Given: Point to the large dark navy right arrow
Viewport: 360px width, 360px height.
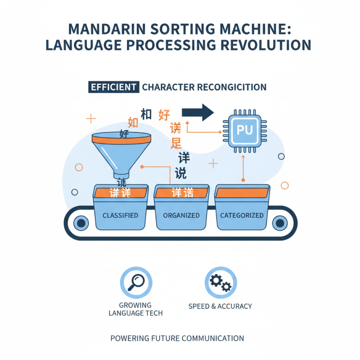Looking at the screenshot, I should pyautogui.click(x=198, y=112).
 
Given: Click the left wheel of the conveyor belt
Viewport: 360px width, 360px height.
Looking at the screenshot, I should pyautogui.click(x=81, y=222).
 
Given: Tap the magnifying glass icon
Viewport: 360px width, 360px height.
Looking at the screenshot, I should pyautogui.click(x=136, y=282).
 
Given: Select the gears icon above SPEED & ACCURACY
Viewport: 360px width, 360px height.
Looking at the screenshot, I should pyautogui.click(x=220, y=282).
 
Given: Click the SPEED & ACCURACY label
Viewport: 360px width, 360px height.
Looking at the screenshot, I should pyautogui.click(x=220, y=306).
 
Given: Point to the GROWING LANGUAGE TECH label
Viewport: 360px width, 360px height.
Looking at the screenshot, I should pyautogui.click(x=136, y=309).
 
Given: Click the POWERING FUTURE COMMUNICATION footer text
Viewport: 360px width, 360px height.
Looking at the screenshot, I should pyautogui.click(x=180, y=338).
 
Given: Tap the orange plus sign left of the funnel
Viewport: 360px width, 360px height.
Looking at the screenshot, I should pyautogui.click(x=91, y=119).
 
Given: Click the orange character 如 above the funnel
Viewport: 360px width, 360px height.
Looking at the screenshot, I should pyautogui.click(x=133, y=122).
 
